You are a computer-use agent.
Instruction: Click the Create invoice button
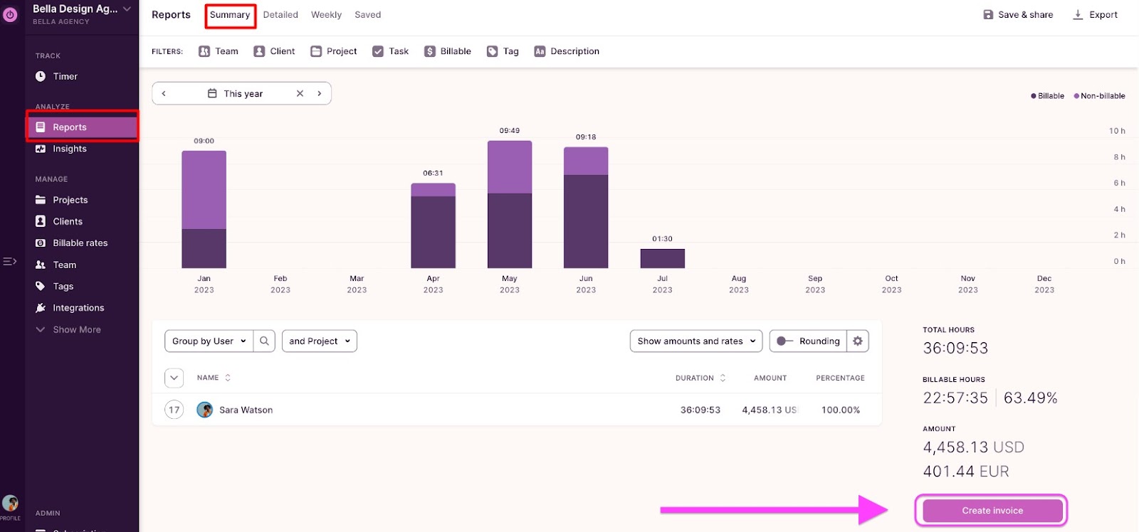pyautogui.click(x=992, y=511)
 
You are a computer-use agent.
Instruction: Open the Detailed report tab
pyautogui.click(x=280, y=15)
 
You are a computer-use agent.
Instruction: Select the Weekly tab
pyautogui.click(x=326, y=15)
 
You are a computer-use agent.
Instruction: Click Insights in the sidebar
pyautogui.click(x=69, y=149)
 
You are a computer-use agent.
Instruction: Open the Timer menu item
pyautogui.click(x=65, y=77)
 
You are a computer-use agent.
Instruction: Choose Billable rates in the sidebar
pyautogui.click(x=80, y=243)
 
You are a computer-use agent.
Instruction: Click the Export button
pyautogui.click(x=1096, y=15)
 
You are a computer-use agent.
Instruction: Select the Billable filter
pyautogui.click(x=448, y=51)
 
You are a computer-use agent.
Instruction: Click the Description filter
pyautogui.click(x=567, y=51)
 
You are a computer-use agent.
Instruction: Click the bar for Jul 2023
pyautogui.click(x=662, y=258)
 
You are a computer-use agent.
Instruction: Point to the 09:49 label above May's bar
pyautogui.click(x=510, y=131)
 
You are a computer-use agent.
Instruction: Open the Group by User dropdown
pyautogui.click(x=209, y=341)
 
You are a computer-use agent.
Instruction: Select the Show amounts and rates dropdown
pyautogui.click(x=696, y=341)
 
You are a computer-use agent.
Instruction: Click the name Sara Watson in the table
pyautogui.click(x=246, y=410)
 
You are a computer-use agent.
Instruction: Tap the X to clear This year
pyautogui.click(x=300, y=94)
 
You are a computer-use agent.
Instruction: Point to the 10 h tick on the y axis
pyautogui.click(x=1117, y=131)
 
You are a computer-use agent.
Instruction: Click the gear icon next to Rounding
pyautogui.click(x=858, y=341)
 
